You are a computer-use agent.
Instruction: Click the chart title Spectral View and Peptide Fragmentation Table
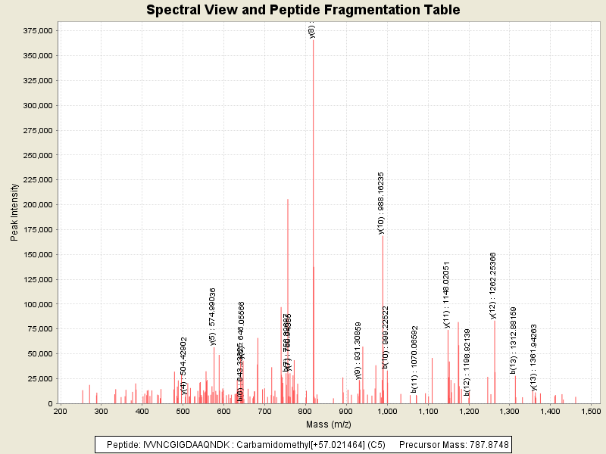point(303,10)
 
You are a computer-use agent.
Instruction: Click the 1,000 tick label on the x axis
point(387,411)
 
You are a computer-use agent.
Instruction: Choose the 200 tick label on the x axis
point(60,411)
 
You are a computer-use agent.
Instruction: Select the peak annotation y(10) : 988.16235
point(381,203)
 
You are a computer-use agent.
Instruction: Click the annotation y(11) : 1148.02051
point(447,294)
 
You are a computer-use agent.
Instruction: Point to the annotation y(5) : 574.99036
point(213,316)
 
